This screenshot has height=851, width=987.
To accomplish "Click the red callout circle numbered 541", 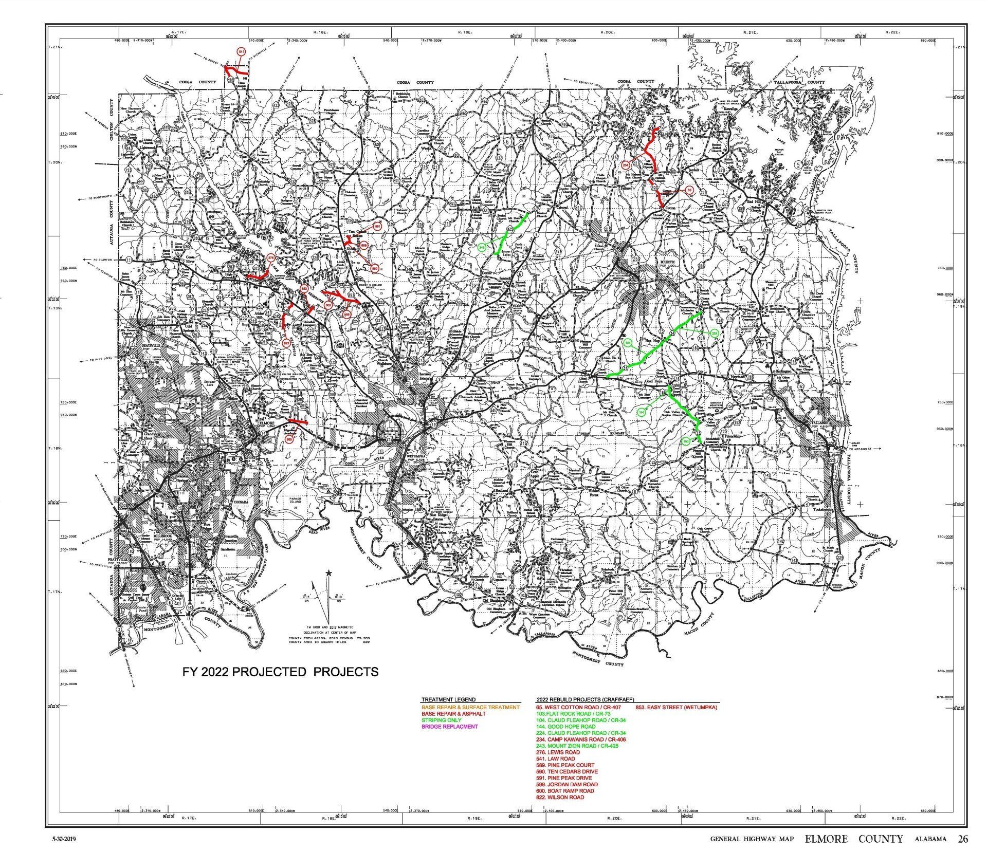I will (x=241, y=51).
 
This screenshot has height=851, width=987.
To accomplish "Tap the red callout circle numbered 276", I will (x=271, y=258).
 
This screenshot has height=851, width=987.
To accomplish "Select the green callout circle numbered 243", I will (x=482, y=247).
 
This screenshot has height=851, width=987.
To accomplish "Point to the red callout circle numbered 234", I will (x=626, y=165).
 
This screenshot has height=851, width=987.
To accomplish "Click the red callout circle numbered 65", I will (x=690, y=190).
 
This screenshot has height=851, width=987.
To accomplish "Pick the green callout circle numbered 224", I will (x=714, y=334).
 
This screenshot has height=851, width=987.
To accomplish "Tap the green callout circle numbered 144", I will (x=642, y=412).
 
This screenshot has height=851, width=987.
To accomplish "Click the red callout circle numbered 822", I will (x=286, y=343).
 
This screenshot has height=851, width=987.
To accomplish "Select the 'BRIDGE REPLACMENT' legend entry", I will (x=449, y=727).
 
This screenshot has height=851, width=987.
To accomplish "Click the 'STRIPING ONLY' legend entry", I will (x=441, y=720).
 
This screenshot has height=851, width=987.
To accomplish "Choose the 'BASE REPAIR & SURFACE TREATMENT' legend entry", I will (x=470, y=708).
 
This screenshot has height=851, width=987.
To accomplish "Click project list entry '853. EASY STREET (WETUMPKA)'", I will (x=677, y=708).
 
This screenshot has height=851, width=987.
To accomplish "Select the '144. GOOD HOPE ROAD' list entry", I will (x=565, y=727).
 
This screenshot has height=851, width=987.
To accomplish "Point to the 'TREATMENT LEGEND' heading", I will (x=448, y=699).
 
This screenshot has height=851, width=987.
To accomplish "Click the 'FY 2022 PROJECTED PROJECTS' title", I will (x=281, y=672).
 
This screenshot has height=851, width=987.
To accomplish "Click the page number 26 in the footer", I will (x=962, y=839).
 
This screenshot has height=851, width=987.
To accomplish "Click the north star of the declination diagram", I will (x=328, y=572).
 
